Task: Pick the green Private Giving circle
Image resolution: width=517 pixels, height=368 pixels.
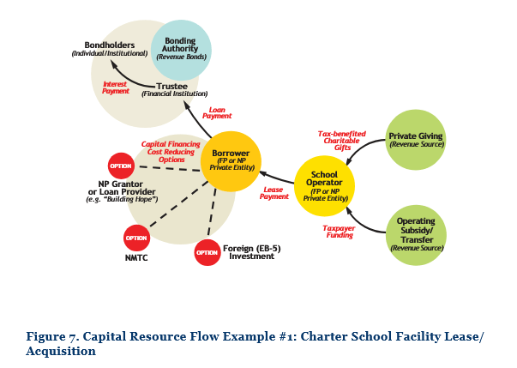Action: (416, 140)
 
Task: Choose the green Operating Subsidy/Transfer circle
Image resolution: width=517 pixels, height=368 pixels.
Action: (415, 234)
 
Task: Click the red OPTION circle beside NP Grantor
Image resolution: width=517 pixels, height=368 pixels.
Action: (121, 165)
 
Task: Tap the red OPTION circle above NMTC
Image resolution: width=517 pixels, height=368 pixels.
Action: (137, 238)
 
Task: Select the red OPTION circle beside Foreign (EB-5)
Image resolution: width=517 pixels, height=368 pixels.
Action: (207, 252)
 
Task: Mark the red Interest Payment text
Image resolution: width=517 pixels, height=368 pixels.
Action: (116, 87)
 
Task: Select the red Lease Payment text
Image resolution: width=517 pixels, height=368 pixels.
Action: (274, 193)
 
